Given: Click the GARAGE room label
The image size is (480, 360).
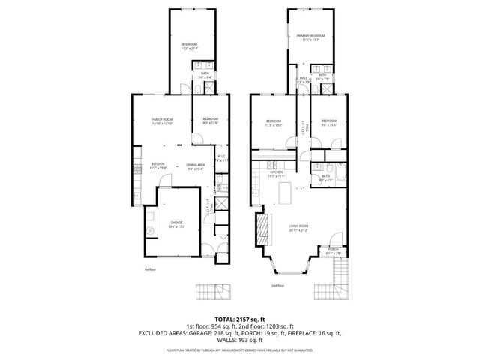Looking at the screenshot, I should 177,223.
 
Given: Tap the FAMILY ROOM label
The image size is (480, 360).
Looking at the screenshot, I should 163,120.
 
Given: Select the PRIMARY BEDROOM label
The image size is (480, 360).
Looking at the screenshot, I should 310,36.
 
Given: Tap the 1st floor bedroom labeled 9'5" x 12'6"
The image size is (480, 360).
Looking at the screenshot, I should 209,120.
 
